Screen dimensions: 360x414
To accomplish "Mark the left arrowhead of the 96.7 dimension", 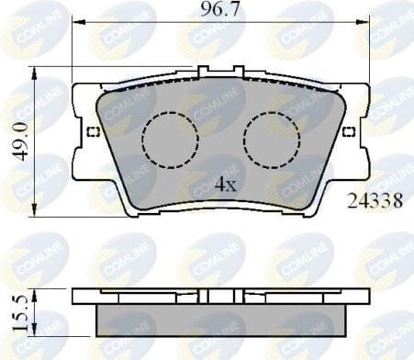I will [75, 29].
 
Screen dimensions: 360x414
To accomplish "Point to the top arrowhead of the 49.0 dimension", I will [34, 71].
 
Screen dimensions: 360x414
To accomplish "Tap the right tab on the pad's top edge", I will [238, 71].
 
